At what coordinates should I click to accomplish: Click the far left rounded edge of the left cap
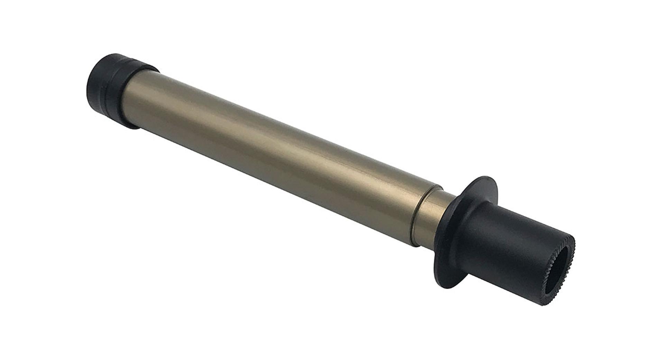pos(88,83)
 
